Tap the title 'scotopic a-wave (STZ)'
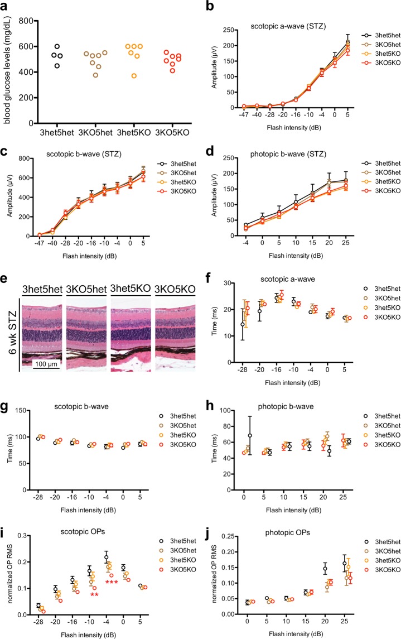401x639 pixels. [296, 25]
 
